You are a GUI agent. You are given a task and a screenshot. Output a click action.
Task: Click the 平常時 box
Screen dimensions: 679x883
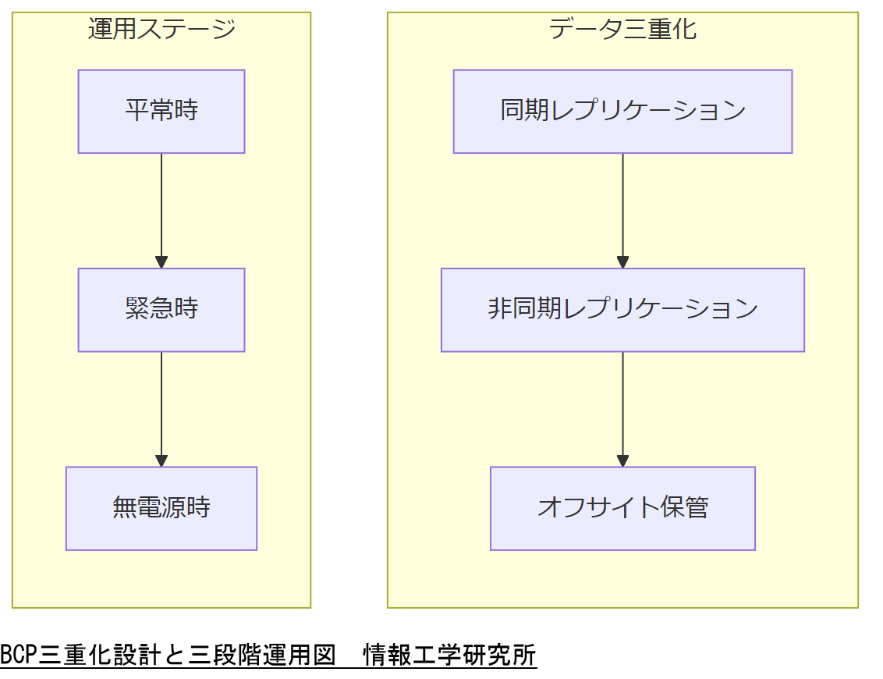[161, 112]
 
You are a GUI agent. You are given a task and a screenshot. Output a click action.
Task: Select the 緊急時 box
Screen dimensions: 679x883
[161, 310]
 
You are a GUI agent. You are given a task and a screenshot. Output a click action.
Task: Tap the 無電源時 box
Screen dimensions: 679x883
[161, 508]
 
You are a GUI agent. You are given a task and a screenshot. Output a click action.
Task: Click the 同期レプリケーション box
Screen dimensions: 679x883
[622, 112]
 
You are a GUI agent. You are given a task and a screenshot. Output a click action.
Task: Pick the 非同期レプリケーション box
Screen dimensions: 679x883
[622, 310]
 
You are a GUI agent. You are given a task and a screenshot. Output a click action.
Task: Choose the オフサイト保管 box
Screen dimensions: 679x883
[622, 508]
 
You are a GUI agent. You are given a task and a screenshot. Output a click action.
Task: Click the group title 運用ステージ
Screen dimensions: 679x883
[161, 30]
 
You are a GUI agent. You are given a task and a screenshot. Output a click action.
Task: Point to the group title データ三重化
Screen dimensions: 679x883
[622, 30]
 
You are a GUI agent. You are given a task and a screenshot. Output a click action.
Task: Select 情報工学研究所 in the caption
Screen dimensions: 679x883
[450, 655]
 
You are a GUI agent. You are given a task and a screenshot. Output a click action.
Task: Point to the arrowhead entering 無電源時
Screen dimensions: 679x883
[161, 460]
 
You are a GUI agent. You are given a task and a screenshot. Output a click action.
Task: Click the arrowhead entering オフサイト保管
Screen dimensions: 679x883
[622, 460]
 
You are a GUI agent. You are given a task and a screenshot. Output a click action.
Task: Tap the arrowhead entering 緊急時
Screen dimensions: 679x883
[161, 262]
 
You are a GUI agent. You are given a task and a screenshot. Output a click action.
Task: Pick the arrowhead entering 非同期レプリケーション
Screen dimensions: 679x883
[622, 262]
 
